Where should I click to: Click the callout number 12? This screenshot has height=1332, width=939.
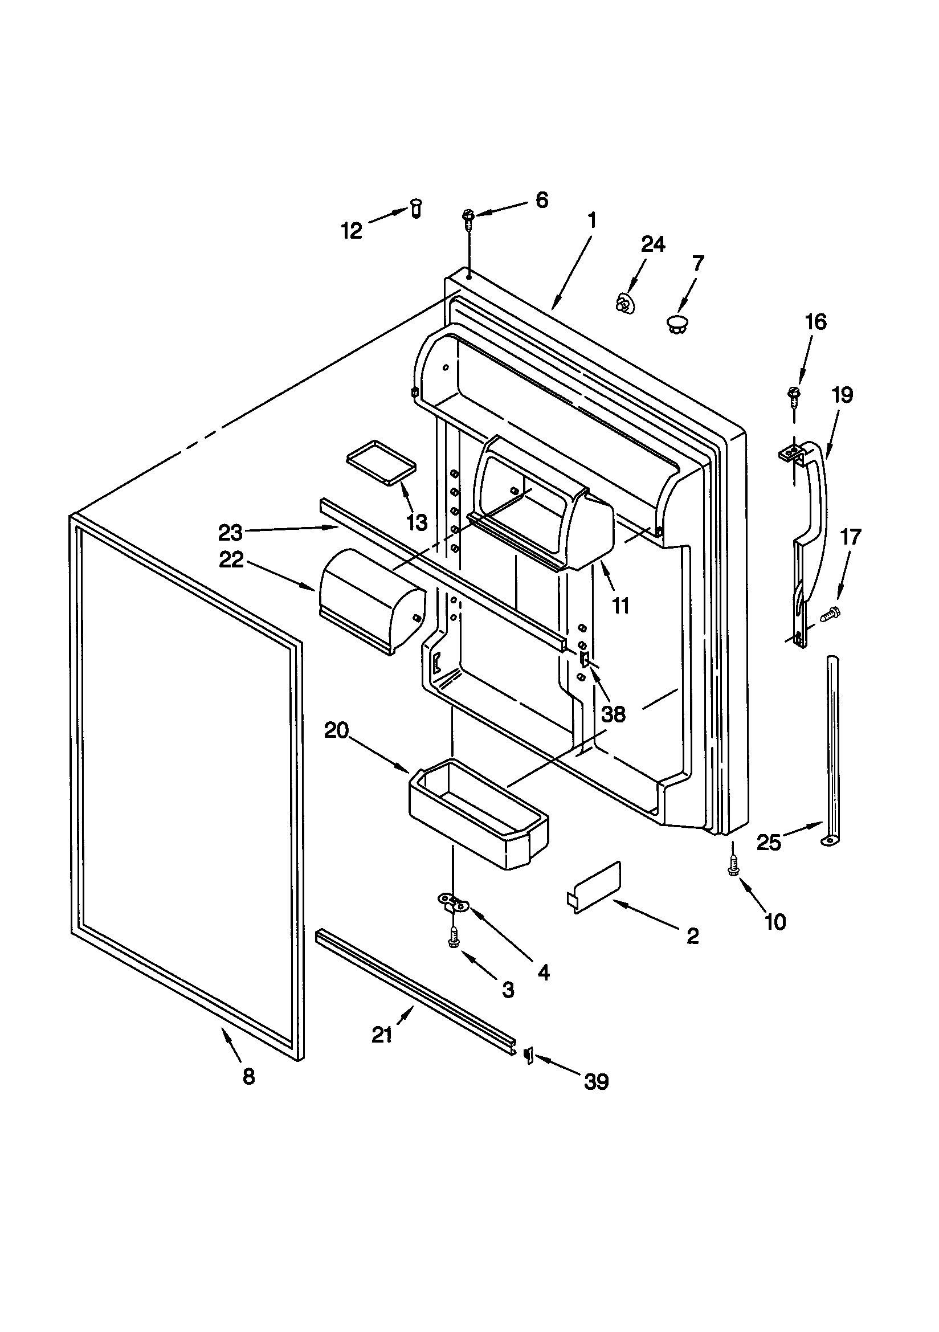(351, 231)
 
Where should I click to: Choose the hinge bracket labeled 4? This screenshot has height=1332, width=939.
(452, 902)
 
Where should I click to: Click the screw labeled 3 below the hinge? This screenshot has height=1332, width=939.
(454, 939)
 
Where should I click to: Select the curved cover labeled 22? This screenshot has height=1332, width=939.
(371, 600)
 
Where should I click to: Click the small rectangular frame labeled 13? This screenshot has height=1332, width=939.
(381, 461)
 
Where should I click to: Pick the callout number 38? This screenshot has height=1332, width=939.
(613, 714)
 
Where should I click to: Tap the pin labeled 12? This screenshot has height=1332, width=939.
(416, 207)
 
